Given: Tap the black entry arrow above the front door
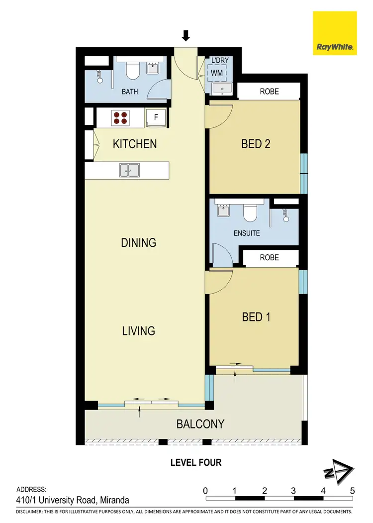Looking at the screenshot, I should coord(186,35).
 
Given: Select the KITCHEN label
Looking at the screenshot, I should coord(135,144).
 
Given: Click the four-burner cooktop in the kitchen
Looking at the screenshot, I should coord(120,117).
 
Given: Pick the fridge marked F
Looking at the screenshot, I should coord(156,118).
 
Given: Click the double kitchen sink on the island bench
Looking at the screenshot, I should coord(129,170).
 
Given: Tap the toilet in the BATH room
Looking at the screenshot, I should coord(132,72).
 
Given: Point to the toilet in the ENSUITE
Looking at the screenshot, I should coord(250,212).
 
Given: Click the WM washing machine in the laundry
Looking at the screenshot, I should coord(217,73).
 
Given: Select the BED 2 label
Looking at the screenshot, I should coord(256,144).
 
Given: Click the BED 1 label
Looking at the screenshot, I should coord(256,316).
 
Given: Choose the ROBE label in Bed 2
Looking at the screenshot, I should coord(270,92).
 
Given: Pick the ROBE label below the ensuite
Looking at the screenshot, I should coord(270,258).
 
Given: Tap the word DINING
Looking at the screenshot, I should coord(139,243).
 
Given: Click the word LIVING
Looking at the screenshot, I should coord(139,330).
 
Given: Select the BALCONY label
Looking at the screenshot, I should coord(200,424).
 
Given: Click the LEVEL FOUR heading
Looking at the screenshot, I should coord(196,463).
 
